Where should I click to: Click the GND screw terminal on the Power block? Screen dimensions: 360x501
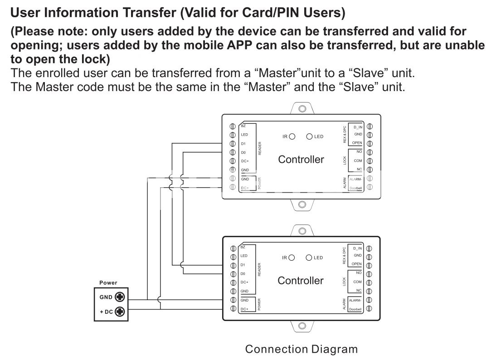coord(120,297)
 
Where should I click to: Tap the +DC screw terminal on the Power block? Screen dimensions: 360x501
coord(120,311)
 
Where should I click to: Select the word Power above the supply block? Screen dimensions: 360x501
coord(108,282)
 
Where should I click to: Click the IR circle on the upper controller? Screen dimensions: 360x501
coord(292,136)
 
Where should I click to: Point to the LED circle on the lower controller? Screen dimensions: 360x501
coord(309,258)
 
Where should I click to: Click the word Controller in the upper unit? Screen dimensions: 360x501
coord(301,160)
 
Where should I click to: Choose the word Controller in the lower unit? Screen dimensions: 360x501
coord(301,281)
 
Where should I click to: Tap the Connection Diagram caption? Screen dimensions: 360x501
coord(301,349)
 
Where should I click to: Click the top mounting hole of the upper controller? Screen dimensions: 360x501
coord(302,109)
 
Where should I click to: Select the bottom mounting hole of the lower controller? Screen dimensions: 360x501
coord(302,326)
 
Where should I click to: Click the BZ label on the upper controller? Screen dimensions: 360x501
coord(243,126)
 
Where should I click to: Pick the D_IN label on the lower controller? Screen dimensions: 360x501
coord(357,248)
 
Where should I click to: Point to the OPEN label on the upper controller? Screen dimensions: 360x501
coord(357,143)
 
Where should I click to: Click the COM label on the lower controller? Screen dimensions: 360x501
coord(357,282)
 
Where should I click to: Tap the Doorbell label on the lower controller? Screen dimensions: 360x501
coord(355,309)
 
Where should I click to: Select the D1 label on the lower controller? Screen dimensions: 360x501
coord(243,265)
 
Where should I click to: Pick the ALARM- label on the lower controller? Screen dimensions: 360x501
coord(355,300)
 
